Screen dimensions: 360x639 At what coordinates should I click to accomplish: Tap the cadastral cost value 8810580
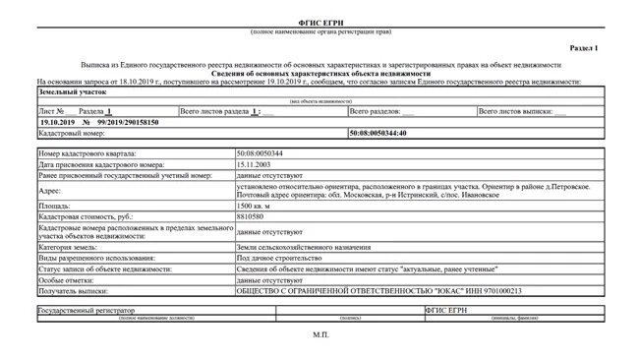[x=253, y=217]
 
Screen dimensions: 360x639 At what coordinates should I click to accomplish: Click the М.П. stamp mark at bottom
[x=319, y=335]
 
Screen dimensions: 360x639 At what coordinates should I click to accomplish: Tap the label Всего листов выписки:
[x=511, y=112]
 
